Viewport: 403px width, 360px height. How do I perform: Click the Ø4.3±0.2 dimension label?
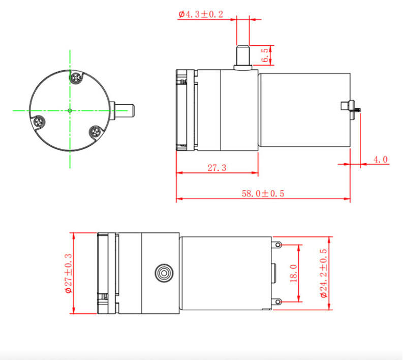coord(201,14)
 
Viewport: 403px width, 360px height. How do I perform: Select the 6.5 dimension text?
coord(265,55)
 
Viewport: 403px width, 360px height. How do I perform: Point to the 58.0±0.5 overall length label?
coord(263,194)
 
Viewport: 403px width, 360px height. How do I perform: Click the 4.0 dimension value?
coord(381,160)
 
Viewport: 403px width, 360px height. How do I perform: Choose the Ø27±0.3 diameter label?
coord(68,274)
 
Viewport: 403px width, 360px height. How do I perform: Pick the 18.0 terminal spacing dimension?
coord(293,273)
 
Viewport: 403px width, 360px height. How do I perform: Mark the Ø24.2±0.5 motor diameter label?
coord(324,274)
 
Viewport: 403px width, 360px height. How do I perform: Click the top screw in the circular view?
coord(76,78)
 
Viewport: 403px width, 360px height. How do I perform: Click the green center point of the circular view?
coord(69,110)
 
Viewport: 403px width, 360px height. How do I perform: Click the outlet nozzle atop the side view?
coord(243,57)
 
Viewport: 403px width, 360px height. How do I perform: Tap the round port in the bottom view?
coord(163,273)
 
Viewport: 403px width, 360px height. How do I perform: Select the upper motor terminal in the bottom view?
coord(277,245)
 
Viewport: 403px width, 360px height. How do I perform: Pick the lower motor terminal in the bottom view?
coord(277,302)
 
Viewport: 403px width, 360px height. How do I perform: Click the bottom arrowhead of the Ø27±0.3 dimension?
coord(74,311)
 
